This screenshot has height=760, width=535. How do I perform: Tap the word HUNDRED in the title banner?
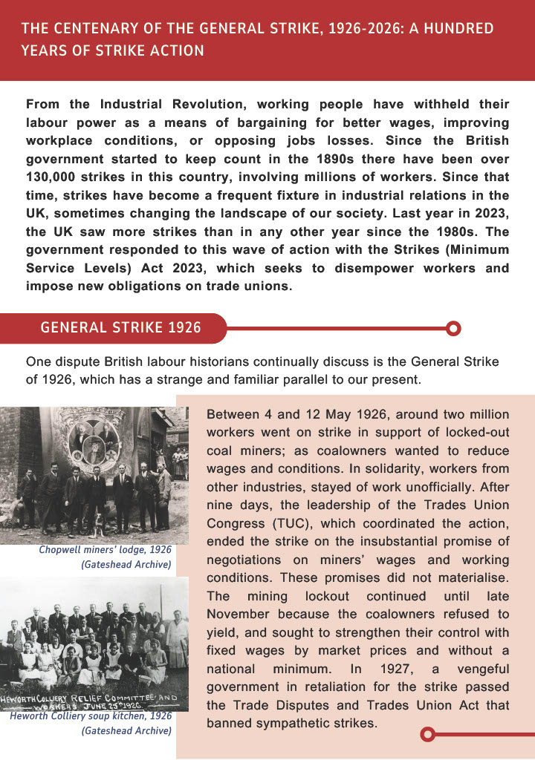pyautogui.click(x=459, y=29)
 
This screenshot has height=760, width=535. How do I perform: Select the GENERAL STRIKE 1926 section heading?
pyautogui.click(x=120, y=327)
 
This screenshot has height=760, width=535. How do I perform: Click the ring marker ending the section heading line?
pyautogui.click(x=454, y=327)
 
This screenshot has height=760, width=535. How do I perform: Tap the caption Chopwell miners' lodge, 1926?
pyautogui.click(x=106, y=551)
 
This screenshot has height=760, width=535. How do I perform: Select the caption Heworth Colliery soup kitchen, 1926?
pyautogui.click(x=91, y=717)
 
